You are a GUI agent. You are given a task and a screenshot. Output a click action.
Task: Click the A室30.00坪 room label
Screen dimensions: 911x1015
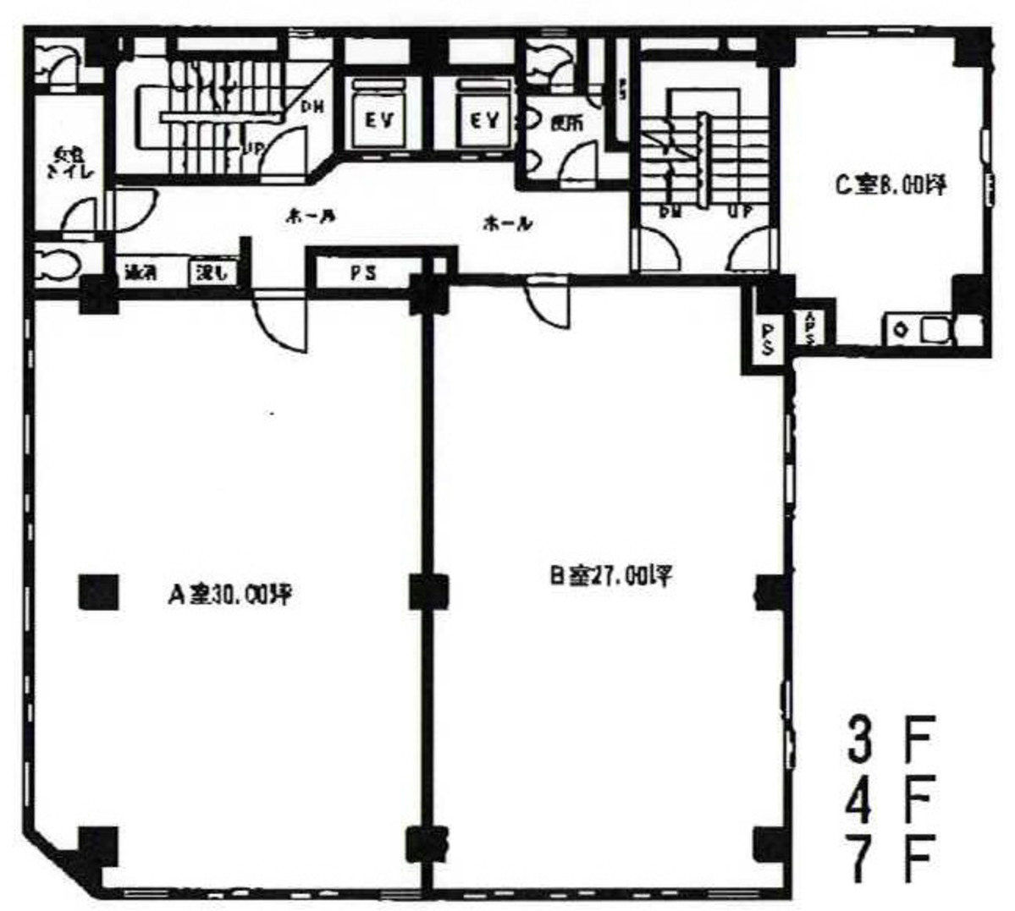[229, 595]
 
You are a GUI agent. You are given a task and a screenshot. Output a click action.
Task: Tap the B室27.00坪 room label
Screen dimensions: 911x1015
[610, 577]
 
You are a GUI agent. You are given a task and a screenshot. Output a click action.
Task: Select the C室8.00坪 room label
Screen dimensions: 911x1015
[891, 185]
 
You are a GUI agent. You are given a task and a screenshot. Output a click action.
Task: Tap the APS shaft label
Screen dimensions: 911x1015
[810, 328]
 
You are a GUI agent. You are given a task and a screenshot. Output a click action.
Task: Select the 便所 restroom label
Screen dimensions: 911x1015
[565, 123]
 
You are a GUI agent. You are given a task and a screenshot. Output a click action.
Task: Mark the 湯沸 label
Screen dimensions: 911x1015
[140, 273]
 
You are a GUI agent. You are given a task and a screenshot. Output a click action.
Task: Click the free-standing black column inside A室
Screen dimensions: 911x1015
[98, 592]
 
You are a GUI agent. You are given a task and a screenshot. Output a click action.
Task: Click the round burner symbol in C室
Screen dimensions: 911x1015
[899, 330]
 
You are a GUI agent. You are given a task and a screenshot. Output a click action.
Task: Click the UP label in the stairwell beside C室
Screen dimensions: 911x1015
[740, 212]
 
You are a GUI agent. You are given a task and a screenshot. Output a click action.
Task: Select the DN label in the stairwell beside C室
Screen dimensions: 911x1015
[671, 212]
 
